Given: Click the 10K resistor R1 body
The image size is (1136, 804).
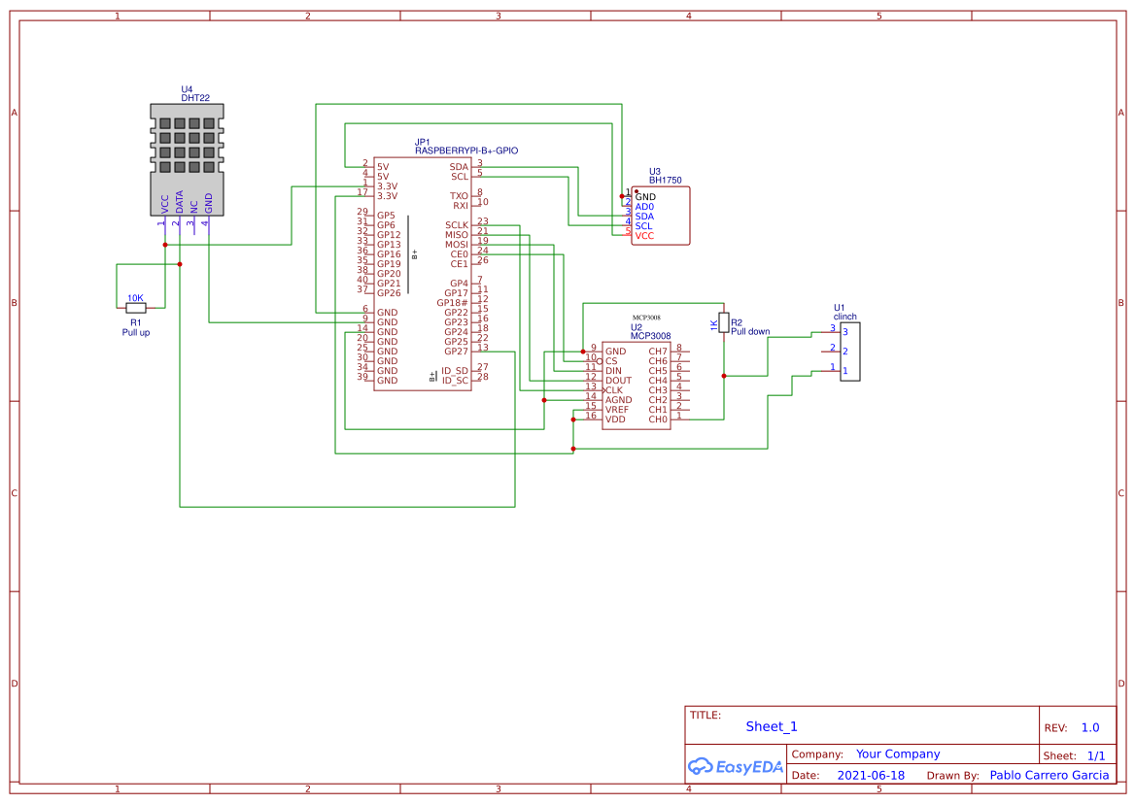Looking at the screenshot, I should tap(135, 308).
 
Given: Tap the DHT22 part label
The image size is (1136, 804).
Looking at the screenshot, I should tap(195, 98).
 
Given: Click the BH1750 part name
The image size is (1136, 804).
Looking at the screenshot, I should tap(665, 181).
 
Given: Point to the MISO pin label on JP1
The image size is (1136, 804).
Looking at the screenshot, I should tap(456, 235).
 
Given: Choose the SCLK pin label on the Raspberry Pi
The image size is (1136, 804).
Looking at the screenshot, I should tap(456, 225).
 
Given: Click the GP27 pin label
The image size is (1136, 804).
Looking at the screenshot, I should tap(456, 352).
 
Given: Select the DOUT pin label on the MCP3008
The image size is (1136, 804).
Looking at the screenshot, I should tap(618, 381).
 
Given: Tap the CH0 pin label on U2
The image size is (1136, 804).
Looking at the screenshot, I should tap(658, 419).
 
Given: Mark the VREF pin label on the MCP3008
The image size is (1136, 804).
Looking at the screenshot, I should tap(617, 410).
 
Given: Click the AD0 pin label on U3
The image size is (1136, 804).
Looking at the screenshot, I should tap(644, 207).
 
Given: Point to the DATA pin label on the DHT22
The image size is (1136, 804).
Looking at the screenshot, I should tap(180, 202).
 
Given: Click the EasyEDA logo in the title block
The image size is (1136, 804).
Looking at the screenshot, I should tap(736, 766).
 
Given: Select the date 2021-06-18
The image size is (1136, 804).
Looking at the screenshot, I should tap(871, 776).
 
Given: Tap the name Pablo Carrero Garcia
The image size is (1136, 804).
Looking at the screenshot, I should tap(1049, 775).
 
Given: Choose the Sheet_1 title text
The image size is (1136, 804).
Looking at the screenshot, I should tap(772, 726).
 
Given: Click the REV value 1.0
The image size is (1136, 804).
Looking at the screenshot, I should tap(1090, 727).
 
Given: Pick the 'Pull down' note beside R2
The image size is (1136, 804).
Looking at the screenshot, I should tap(750, 331).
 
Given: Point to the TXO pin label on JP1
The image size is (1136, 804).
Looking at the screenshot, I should tap(459, 196).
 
